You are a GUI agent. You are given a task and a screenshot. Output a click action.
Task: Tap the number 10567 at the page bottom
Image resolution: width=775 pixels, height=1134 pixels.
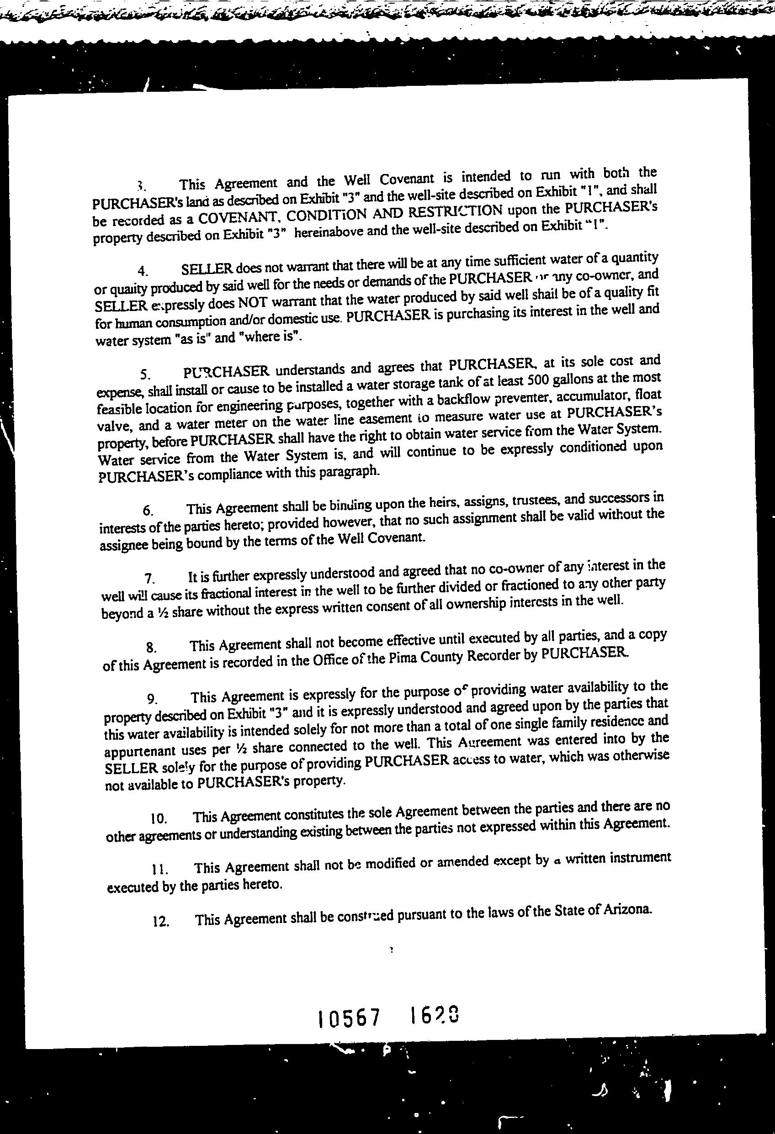pos(348,1018)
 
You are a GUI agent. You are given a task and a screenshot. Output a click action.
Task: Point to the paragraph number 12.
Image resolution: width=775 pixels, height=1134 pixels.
pos(161,922)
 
